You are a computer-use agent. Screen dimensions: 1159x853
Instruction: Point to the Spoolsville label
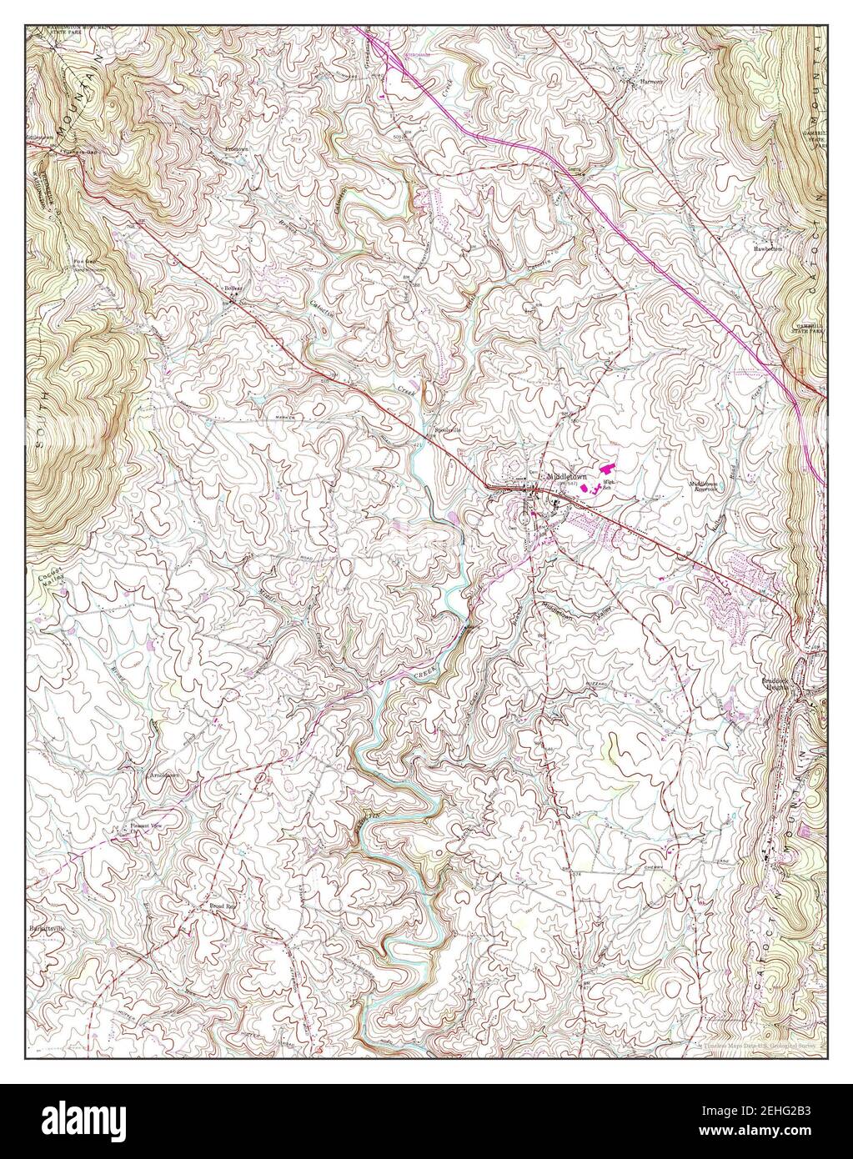(444, 430)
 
